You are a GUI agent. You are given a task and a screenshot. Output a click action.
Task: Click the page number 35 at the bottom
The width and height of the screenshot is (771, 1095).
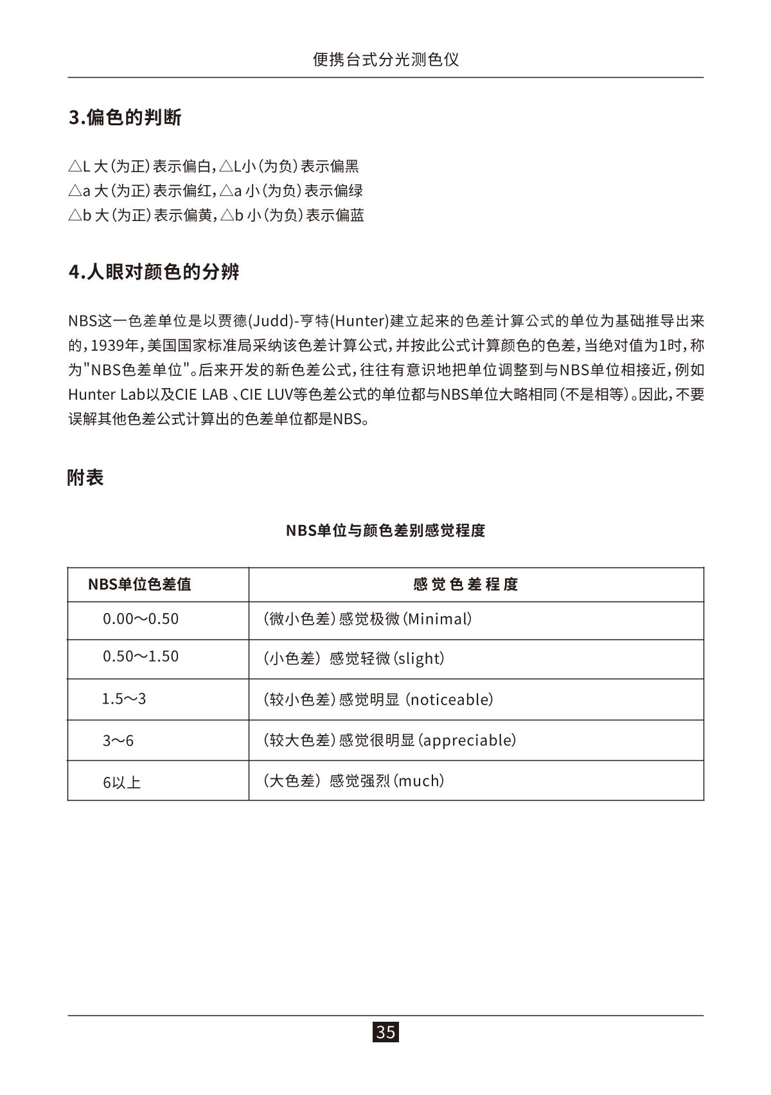[385, 1032]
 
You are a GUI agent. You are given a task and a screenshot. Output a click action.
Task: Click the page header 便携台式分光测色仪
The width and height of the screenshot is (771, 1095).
[385, 60]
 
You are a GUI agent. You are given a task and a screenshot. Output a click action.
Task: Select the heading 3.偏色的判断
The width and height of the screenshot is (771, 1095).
[125, 118]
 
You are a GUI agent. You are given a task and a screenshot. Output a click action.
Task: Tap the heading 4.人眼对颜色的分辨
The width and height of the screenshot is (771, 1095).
[154, 272]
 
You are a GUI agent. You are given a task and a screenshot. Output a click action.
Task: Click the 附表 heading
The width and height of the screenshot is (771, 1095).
[85, 477]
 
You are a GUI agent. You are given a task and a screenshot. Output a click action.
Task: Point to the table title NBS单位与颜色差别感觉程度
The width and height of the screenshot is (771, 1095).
[385, 531]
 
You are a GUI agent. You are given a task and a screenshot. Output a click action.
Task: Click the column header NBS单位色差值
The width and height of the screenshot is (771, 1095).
[139, 584]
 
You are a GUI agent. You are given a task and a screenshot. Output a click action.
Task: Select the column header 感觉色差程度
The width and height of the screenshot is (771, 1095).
[466, 584]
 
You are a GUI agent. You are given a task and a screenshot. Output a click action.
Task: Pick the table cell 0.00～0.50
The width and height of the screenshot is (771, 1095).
[141, 619]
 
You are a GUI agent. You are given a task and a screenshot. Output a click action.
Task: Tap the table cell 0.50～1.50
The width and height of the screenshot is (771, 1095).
[141, 656]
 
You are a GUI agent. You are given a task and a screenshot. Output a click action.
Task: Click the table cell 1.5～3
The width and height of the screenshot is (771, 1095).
[124, 699]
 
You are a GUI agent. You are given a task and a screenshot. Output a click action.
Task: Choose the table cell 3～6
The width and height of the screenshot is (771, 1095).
[118, 740]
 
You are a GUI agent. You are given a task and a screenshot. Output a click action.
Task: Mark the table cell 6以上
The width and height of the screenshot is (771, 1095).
[121, 782]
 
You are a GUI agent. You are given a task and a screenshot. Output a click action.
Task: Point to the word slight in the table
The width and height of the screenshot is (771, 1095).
[418, 658]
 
